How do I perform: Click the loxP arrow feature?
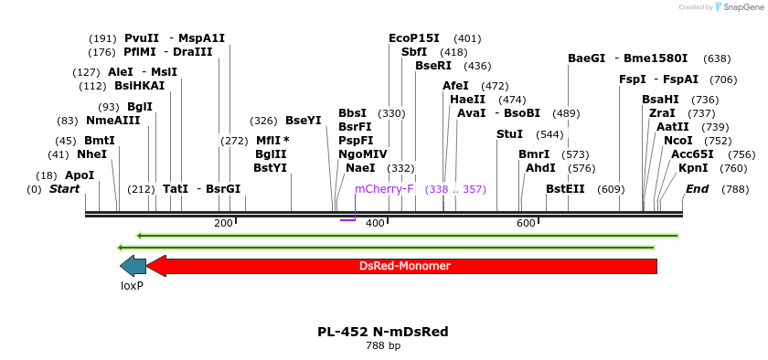tap(133, 266)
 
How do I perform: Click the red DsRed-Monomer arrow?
tap(402, 266)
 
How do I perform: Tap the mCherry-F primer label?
tap(384, 189)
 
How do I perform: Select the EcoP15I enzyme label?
tap(414, 38)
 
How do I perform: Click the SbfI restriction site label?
tap(413, 52)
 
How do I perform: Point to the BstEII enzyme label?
tap(565, 189)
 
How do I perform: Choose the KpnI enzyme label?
tap(693, 167)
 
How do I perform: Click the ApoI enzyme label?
tap(80, 175)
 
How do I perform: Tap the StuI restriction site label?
tap(509, 134)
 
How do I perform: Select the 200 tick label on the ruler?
tap(223, 224)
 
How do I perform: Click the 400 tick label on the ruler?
tap(375, 224)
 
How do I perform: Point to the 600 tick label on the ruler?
tap(526, 224)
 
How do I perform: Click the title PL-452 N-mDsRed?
tap(383, 332)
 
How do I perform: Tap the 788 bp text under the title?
tap(383, 346)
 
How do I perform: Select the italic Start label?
tap(64, 189)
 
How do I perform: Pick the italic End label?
tap(697, 189)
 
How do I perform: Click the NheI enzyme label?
tap(91, 154)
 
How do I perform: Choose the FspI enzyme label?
tap(632, 79)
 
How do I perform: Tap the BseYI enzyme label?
tap(304, 121)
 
